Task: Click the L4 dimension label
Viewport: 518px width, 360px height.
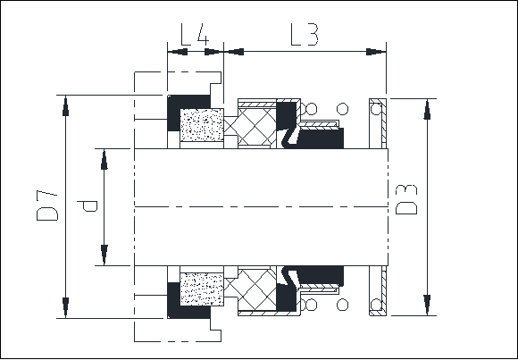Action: (195, 34)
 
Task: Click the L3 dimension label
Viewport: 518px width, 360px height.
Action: (305, 34)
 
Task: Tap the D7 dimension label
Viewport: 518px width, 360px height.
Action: (47, 205)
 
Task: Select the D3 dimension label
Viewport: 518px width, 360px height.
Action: (406, 199)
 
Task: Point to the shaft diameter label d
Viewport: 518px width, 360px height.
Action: (88, 206)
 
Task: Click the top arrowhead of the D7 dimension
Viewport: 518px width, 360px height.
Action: (65, 105)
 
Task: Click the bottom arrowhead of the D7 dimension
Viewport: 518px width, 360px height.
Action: (65, 307)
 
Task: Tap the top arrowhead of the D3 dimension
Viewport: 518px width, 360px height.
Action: (427, 109)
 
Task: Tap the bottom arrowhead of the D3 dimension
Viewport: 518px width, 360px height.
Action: (427, 305)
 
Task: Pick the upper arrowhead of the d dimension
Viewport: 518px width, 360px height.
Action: (104, 159)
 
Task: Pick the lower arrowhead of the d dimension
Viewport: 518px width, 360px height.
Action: (104, 255)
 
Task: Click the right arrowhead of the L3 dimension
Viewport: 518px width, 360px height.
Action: (376, 52)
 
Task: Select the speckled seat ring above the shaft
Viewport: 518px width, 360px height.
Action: (202, 125)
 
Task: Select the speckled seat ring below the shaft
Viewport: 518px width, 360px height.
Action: (202, 289)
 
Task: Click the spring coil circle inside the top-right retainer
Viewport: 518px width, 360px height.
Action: (376, 109)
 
